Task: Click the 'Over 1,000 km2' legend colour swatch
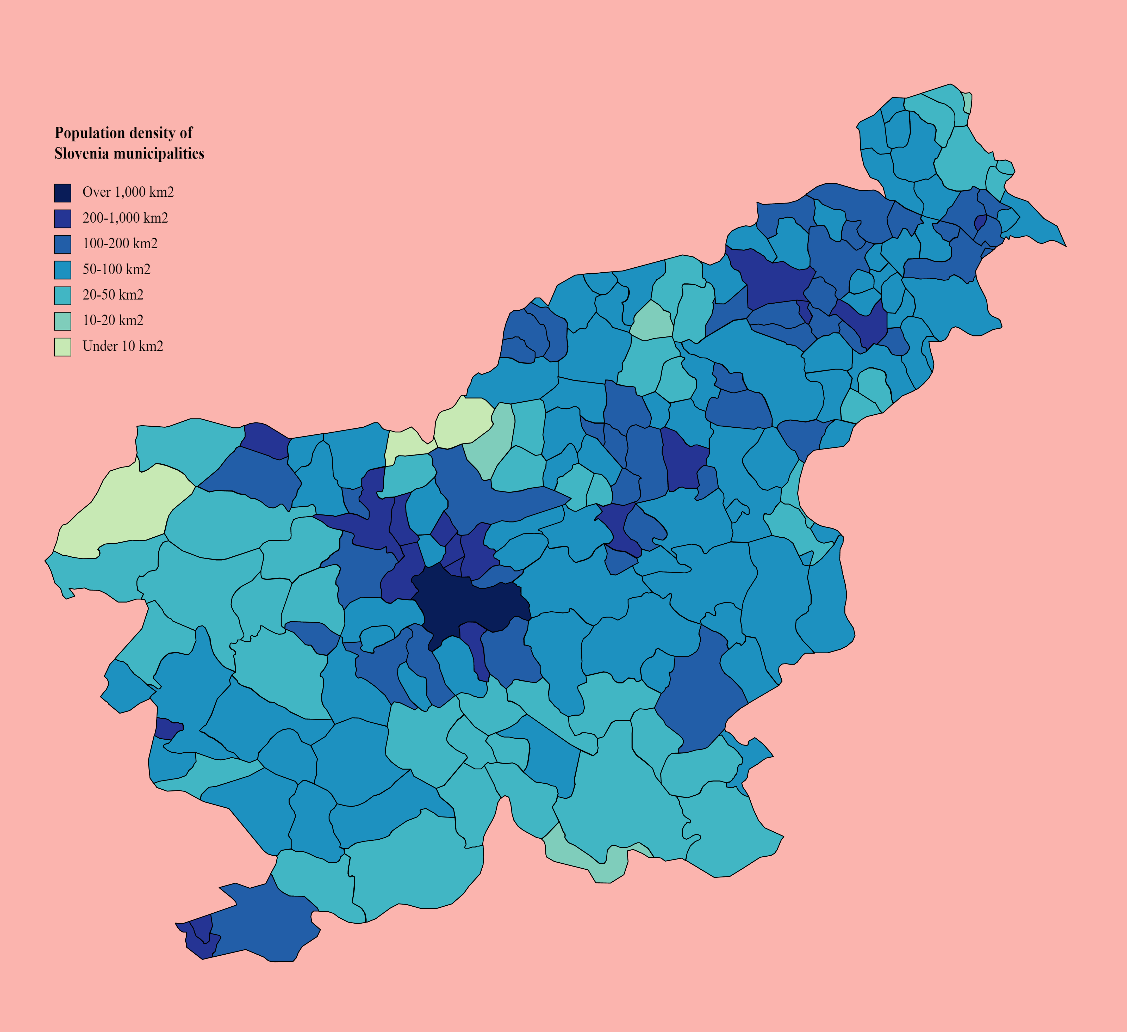pyautogui.click(x=63, y=192)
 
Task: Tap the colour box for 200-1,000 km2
pyautogui.click(x=63, y=218)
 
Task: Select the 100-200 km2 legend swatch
pyautogui.click(x=63, y=244)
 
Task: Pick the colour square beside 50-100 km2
pyautogui.click(x=63, y=270)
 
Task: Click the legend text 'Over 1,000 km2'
pyautogui.click(x=128, y=192)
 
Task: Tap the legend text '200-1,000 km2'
pyautogui.click(x=125, y=218)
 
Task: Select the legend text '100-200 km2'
pyautogui.click(x=120, y=244)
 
